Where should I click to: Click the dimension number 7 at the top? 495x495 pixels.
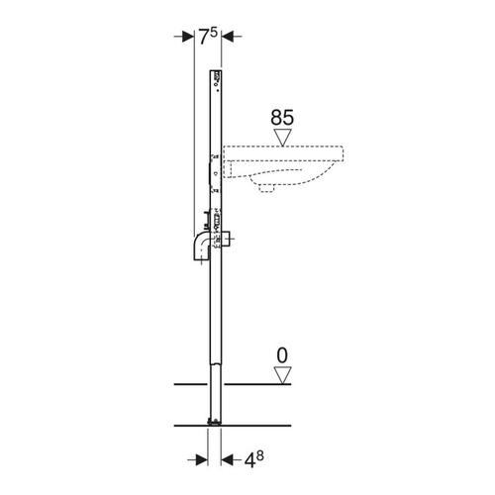coord(204,37)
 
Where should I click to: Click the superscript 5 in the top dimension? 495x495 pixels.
coord(214,33)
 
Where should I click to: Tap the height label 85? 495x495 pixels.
coord(282,118)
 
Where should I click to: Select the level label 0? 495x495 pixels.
coord(282,355)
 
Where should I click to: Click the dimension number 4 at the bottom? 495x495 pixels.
coord(249,460)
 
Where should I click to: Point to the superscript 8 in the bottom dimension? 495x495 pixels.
coord(260,456)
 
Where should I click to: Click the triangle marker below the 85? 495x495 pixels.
coord(282,137)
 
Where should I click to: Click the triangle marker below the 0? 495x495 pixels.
coord(282,375)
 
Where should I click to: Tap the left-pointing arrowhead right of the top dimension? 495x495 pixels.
coord(227,37)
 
